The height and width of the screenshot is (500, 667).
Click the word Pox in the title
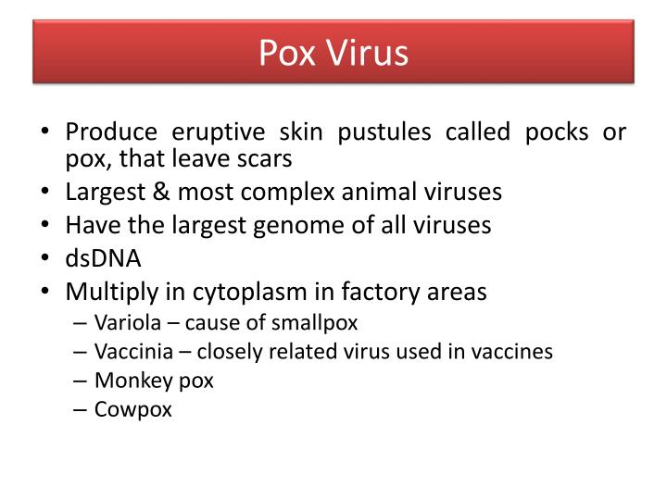tap(287, 53)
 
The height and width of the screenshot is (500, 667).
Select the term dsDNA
tap(103, 258)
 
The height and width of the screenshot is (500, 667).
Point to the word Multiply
tap(112, 292)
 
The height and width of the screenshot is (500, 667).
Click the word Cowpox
tap(133, 409)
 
